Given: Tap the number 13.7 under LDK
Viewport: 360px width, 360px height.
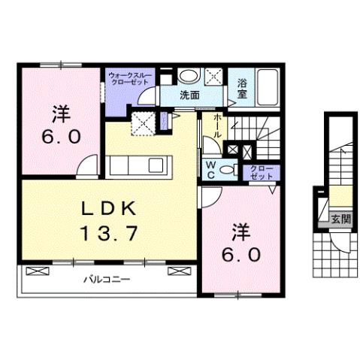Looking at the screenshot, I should [109, 234].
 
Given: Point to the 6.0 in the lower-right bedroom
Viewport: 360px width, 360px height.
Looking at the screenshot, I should [241, 255].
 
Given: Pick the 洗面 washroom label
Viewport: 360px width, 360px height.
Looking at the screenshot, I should [189, 95].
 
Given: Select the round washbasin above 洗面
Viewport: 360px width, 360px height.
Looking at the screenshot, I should [189, 76].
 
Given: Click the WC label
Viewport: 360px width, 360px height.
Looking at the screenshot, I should [211, 170].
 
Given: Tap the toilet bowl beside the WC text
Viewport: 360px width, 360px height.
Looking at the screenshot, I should [230, 171].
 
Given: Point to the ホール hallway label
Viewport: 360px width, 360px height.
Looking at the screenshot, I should [217, 126].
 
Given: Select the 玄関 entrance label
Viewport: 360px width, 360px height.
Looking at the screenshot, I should [340, 219].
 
